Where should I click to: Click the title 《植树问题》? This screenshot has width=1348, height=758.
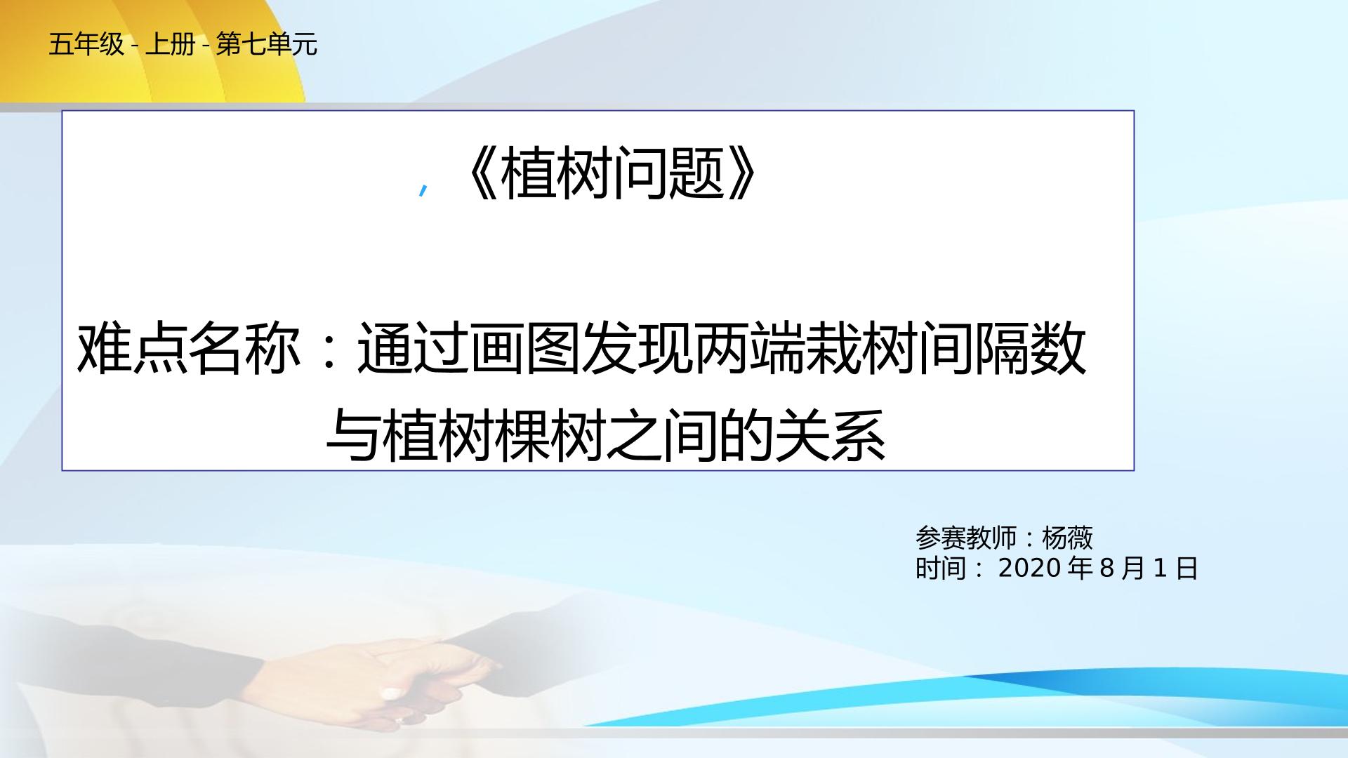point(610,175)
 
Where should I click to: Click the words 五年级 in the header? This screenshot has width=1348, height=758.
point(86,46)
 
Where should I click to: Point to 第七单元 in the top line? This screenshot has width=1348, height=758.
point(267,46)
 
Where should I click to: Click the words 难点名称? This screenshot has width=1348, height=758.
point(188,349)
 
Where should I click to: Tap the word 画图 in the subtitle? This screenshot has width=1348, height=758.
point(524,349)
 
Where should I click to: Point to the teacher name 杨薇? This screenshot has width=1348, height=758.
point(1067,538)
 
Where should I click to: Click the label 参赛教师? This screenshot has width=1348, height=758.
point(966,538)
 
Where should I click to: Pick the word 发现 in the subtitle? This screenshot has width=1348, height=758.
point(637,349)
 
